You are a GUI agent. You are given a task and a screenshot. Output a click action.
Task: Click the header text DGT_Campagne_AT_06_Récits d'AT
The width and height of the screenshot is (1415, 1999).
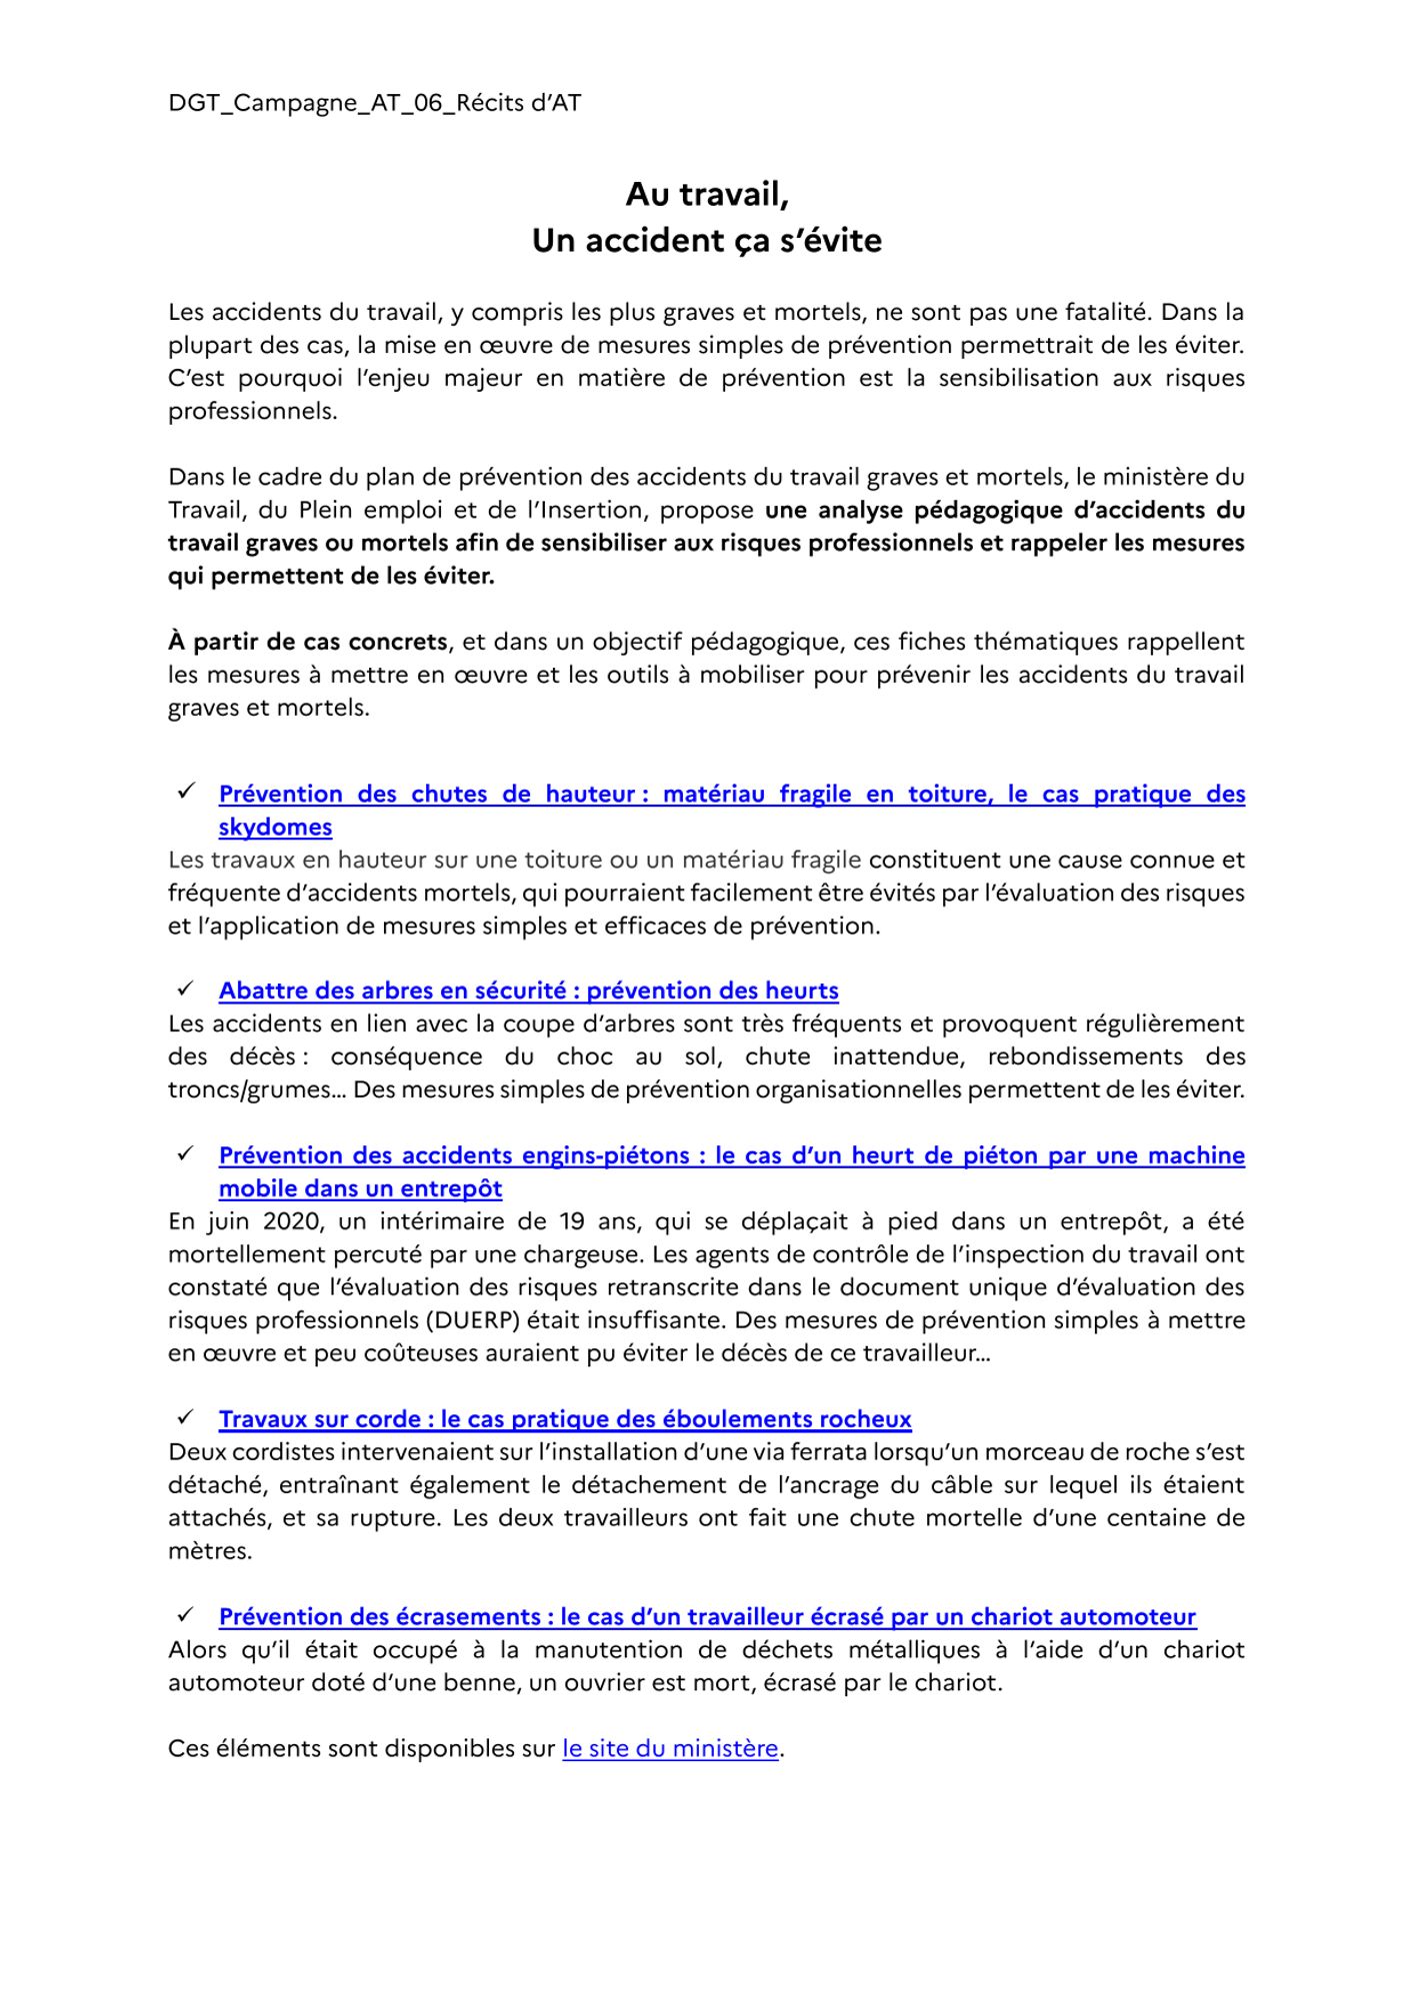tap(374, 103)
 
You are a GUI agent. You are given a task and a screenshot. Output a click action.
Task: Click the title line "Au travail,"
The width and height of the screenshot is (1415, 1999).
tap(707, 195)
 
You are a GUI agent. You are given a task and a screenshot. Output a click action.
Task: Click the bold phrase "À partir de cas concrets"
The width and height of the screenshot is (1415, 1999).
tap(308, 641)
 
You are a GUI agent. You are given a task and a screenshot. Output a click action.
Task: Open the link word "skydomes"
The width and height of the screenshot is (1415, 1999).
tap(275, 827)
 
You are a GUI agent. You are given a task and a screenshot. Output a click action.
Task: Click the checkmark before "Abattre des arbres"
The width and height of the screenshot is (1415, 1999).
tap(186, 990)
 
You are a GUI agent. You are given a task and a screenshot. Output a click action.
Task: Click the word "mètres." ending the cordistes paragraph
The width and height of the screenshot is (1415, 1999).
tap(210, 1551)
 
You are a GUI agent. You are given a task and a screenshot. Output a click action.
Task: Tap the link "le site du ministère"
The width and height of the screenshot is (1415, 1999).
tap(670, 1748)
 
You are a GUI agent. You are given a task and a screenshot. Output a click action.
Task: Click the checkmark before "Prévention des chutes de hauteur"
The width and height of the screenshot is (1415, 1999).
tap(186, 793)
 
